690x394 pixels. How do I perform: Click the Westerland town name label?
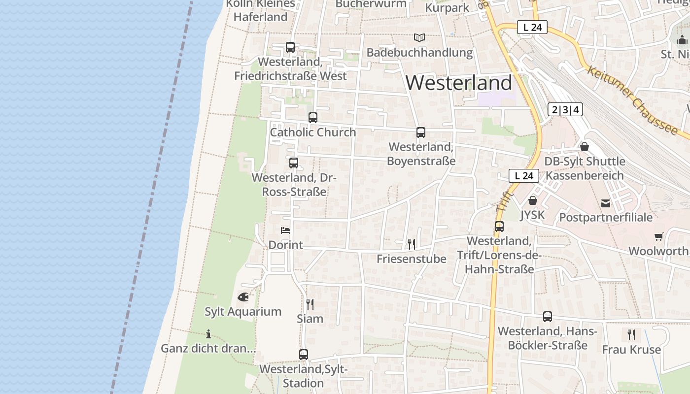[x=459, y=83]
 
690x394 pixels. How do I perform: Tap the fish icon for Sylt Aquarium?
[x=243, y=297]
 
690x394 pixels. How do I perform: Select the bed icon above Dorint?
[x=285, y=230]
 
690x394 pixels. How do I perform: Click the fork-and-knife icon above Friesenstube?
[x=412, y=244]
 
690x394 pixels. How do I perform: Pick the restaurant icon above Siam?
[x=310, y=304]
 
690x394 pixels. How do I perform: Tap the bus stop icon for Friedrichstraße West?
[x=290, y=47]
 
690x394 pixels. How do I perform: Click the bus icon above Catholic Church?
[x=313, y=118]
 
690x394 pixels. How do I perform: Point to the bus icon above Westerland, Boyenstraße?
[x=421, y=132]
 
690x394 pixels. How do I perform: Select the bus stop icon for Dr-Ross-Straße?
[x=294, y=163]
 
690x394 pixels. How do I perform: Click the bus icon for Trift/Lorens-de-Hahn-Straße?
[x=499, y=227]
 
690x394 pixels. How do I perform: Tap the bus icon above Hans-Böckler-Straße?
[x=548, y=317]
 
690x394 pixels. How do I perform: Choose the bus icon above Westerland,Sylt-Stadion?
[x=304, y=355]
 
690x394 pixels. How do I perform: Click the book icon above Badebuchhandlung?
[x=419, y=38]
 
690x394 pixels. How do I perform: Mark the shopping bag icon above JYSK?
[x=533, y=200]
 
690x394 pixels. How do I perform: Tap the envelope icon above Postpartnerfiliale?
[x=606, y=203]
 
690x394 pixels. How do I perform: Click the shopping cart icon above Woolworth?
[x=659, y=236]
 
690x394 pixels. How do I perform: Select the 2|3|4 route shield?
[x=565, y=109]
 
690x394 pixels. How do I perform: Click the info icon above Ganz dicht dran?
[x=208, y=334]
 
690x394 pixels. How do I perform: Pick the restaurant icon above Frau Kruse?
[x=631, y=335]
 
